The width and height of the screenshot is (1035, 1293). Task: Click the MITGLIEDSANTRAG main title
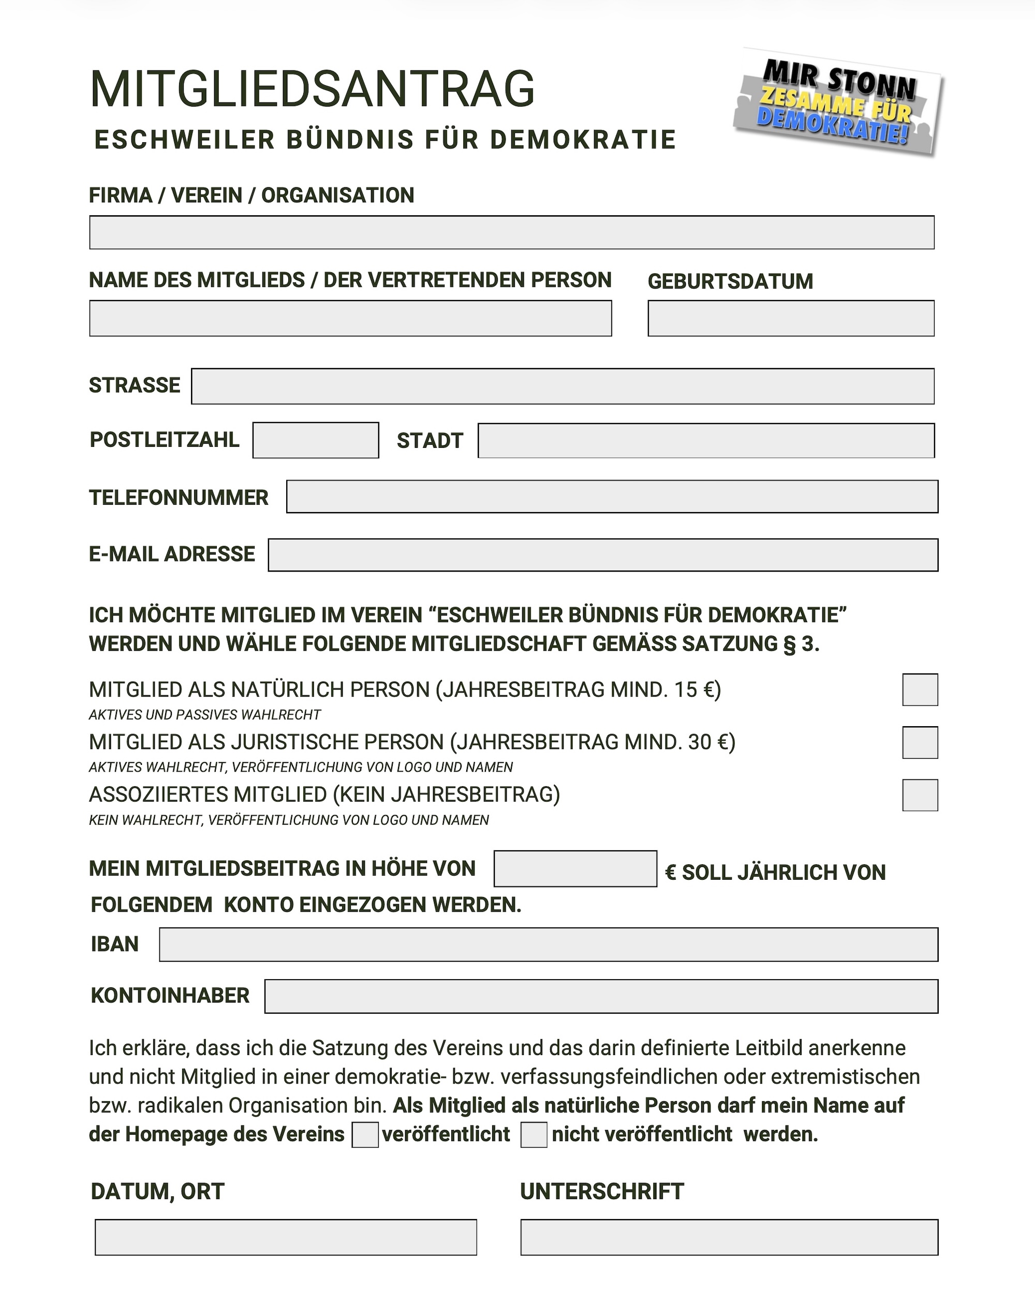coord(312,89)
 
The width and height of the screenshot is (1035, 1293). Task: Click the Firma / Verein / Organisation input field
coord(511,232)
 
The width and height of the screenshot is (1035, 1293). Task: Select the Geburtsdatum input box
coord(790,318)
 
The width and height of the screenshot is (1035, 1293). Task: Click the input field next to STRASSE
coord(562,386)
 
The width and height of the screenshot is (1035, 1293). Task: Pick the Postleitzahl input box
coord(316,440)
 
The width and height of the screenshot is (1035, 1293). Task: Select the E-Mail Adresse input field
coord(602,555)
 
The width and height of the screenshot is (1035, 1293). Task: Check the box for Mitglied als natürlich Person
coord(919,689)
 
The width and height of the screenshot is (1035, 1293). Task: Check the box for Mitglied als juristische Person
coord(919,743)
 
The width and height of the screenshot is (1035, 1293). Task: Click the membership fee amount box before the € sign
coord(575,868)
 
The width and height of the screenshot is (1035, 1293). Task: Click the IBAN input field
coord(548,944)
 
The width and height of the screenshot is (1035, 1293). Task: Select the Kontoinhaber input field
coord(601,996)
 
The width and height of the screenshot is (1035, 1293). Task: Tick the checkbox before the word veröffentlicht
coord(365,1135)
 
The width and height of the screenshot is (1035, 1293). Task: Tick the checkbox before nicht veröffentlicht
coord(534,1135)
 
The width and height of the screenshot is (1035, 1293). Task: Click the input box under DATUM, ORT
coord(286,1237)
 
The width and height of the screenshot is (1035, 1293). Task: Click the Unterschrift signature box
coord(729,1237)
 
